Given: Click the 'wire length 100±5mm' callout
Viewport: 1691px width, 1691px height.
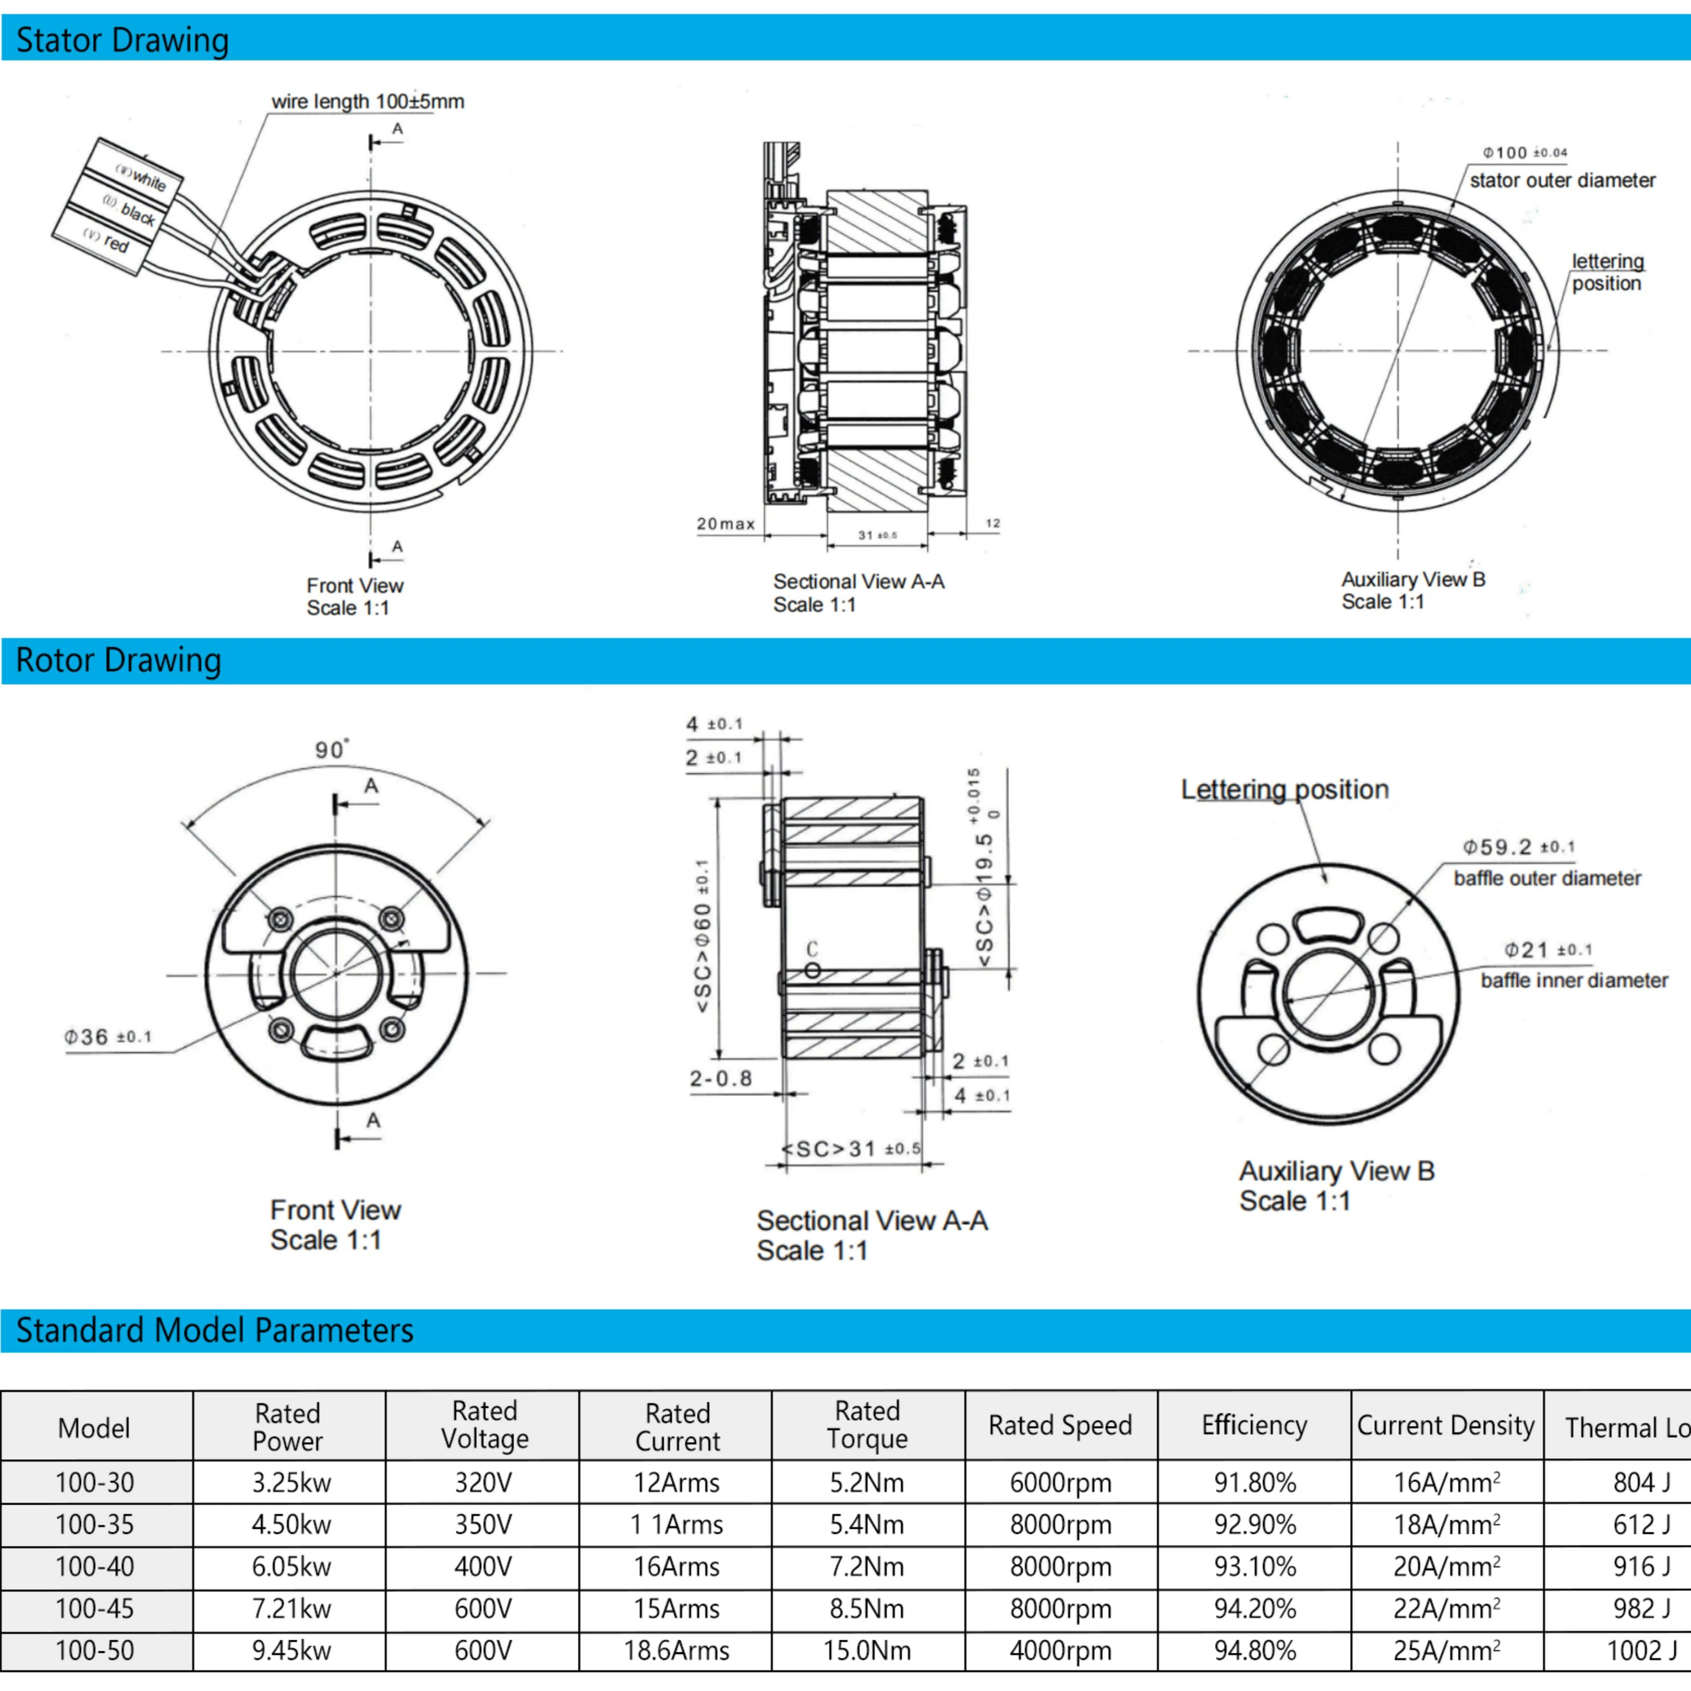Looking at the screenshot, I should (368, 102).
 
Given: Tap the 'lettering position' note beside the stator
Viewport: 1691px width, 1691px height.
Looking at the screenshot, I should (1607, 272).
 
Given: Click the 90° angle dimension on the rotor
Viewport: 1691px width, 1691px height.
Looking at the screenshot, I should (331, 750).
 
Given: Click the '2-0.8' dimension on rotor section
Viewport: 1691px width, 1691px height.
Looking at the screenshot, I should (720, 1078).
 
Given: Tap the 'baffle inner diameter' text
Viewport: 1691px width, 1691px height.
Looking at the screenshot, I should (1574, 980).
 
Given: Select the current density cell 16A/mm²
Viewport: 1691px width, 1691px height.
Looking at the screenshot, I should (1446, 1482).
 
